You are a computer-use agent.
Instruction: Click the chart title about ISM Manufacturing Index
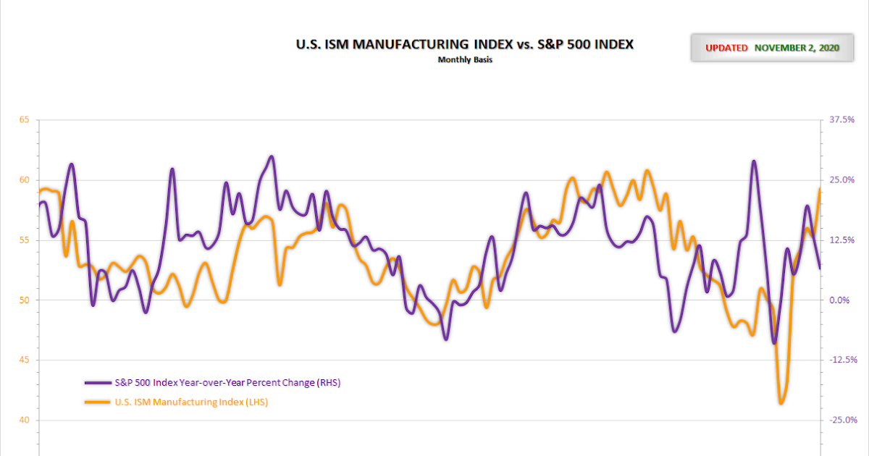coord(465,45)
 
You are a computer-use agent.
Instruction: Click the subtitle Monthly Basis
coord(465,60)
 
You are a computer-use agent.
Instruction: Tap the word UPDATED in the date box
coord(726,48)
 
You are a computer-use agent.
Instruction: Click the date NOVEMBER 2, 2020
coord(796,48)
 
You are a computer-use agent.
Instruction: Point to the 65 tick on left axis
coord(24,119)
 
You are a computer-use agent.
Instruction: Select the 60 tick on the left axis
coord(24,180)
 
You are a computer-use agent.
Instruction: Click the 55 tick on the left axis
coord(24,240)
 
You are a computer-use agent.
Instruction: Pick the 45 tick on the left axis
coord(24,360)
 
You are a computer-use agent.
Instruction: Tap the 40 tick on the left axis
coord(24,420)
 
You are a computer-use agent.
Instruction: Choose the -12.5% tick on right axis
coord(843,360)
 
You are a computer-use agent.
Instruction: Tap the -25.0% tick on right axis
coord(843,420)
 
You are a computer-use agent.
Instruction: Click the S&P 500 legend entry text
coord(227,382)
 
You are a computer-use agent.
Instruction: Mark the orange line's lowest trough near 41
coord(781,403)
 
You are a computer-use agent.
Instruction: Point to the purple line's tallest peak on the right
coord(754,161)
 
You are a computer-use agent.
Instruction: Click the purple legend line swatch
coord(98,382)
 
